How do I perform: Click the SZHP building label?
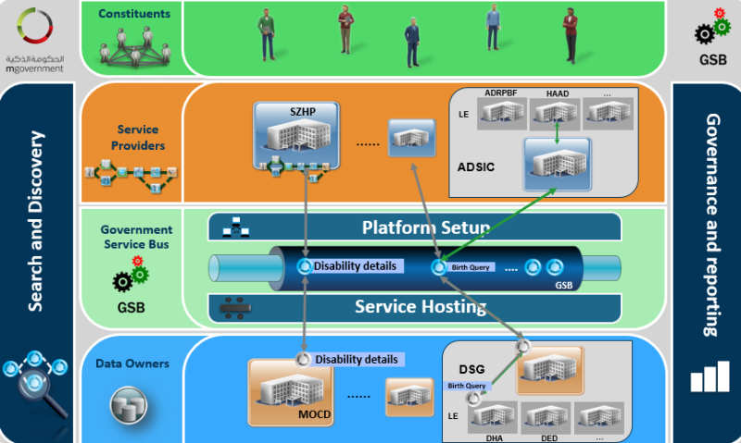[296, 111]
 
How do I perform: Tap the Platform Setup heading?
[426, 228]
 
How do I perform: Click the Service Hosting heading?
[421, 306]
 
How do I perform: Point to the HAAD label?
[558, 93]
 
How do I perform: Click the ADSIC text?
[479, 167]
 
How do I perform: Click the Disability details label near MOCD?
[357, 359]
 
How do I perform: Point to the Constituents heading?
[133, 15]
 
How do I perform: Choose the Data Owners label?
[132, 363]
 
